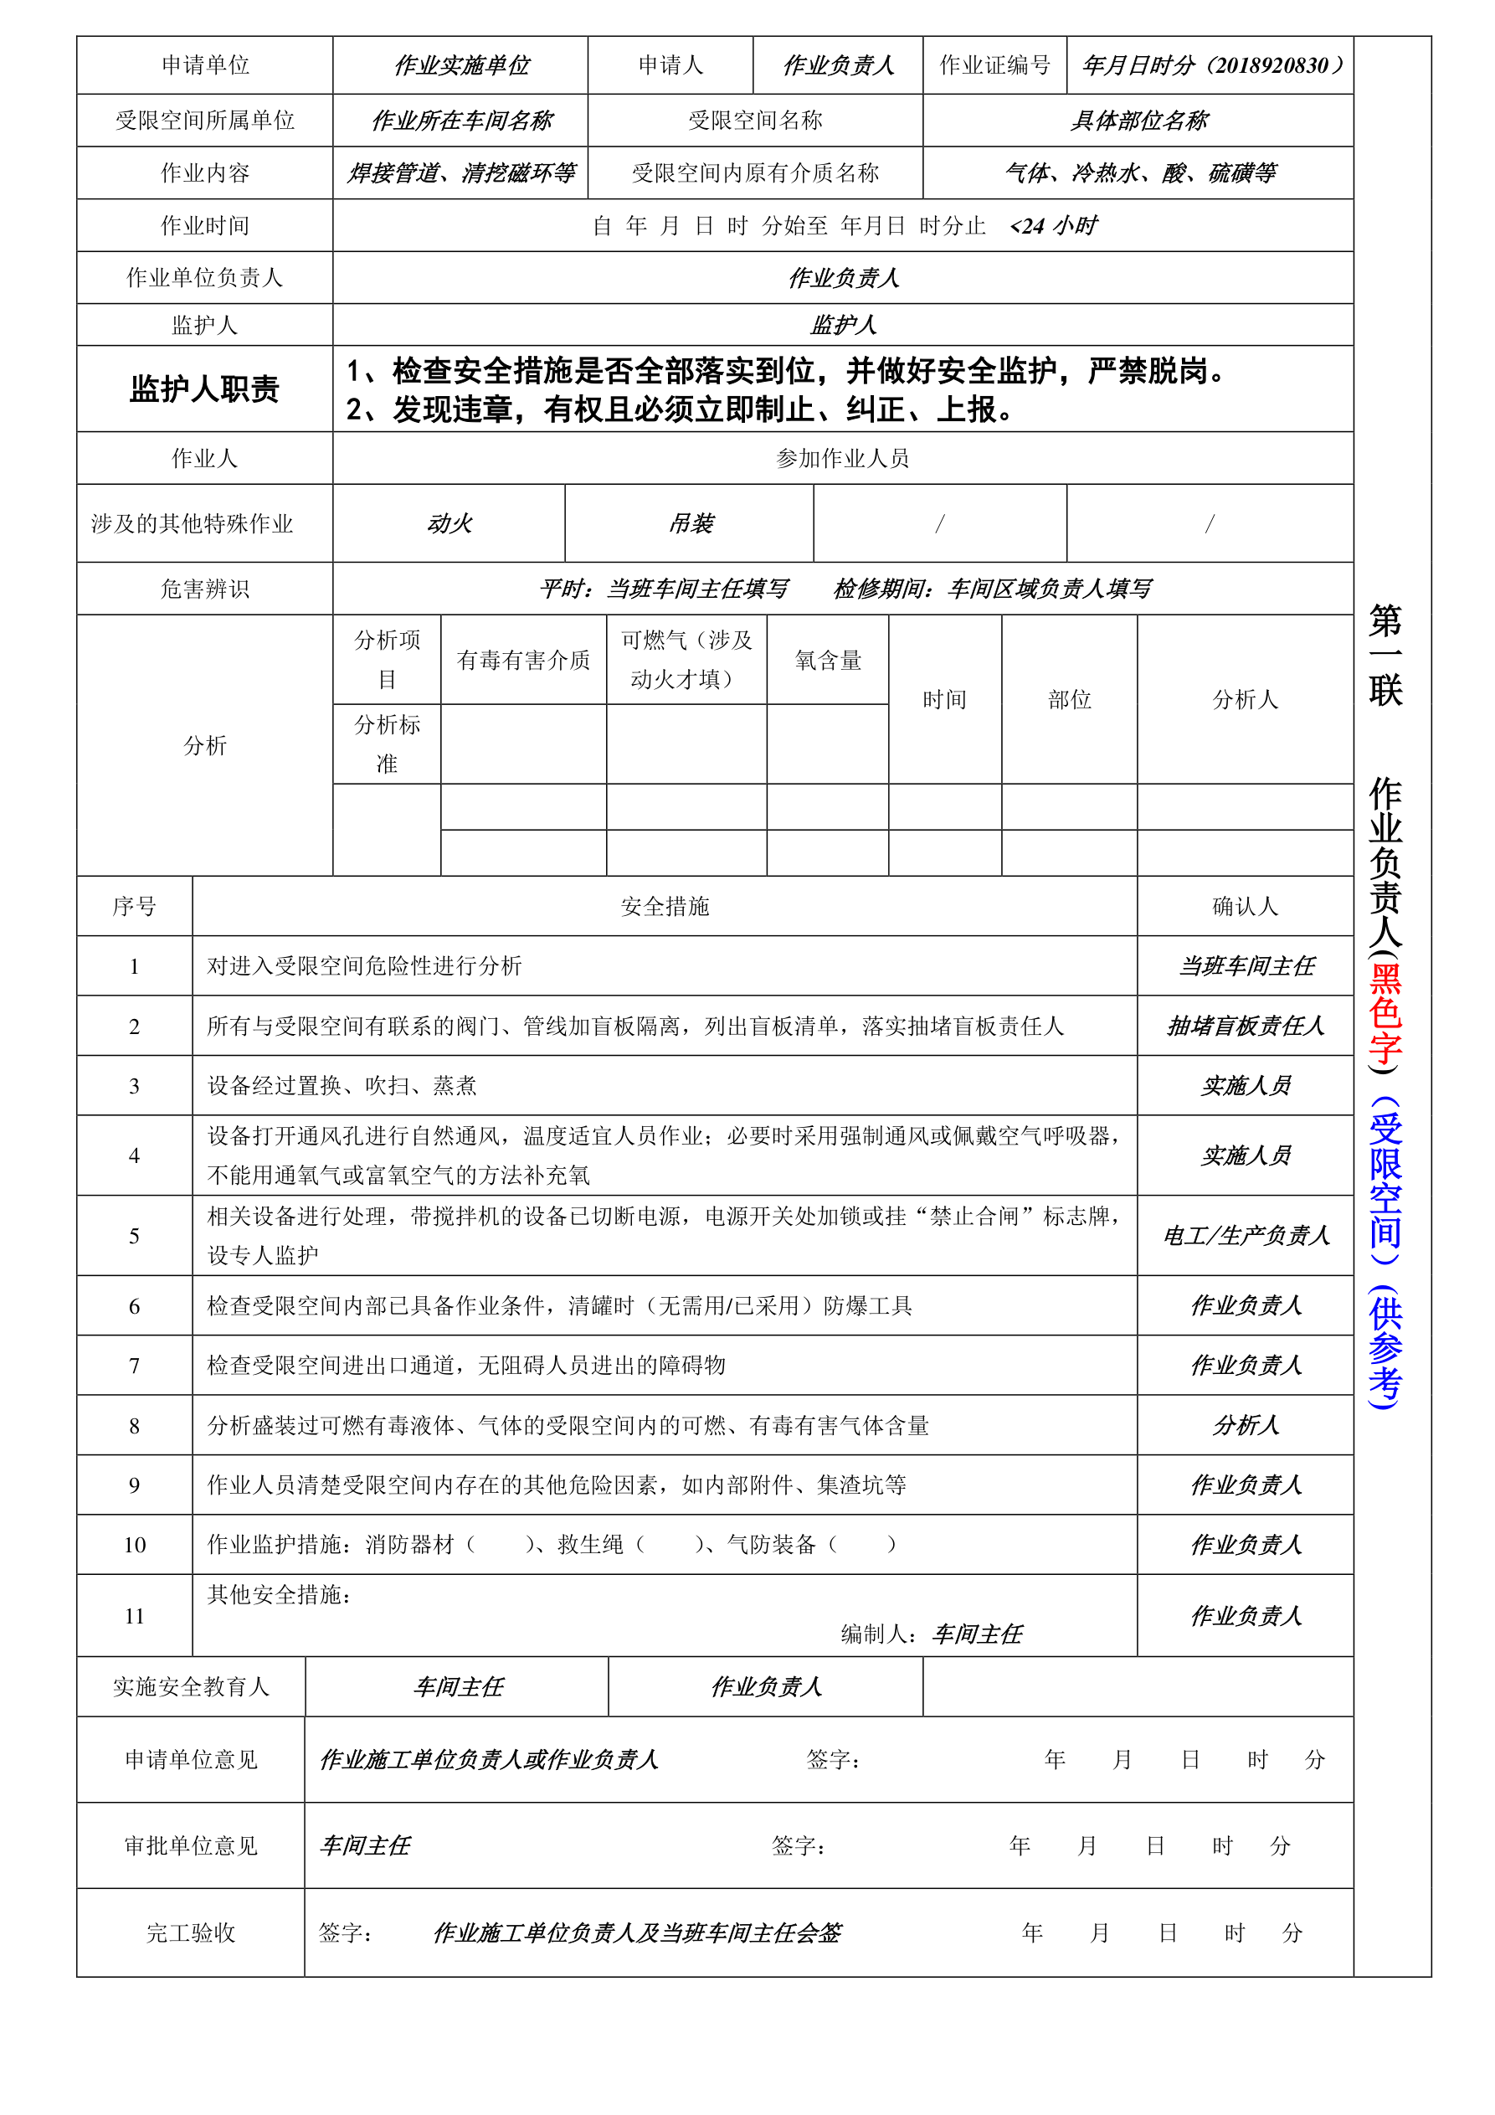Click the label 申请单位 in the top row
[x=204, y=65]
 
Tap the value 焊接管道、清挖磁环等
[x=460, y=173]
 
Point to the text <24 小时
[x=1053, y=227]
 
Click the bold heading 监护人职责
[x=204, y=389]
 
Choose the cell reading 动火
[x=449, y=524]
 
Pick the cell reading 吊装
[x=690, y=524]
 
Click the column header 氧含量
[x=827, y=661]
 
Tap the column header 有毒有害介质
[x=523, y=661]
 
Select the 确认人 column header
[x=1245, y=907]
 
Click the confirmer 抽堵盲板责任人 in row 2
[x=1245, y=1027]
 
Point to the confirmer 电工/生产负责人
[x=1245, y=1235]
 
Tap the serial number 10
[x=135, y=1545]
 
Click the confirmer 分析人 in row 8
[x=1245, y=1426]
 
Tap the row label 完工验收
[x=191, y=1932]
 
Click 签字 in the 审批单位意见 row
[x=798, y=1846]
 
